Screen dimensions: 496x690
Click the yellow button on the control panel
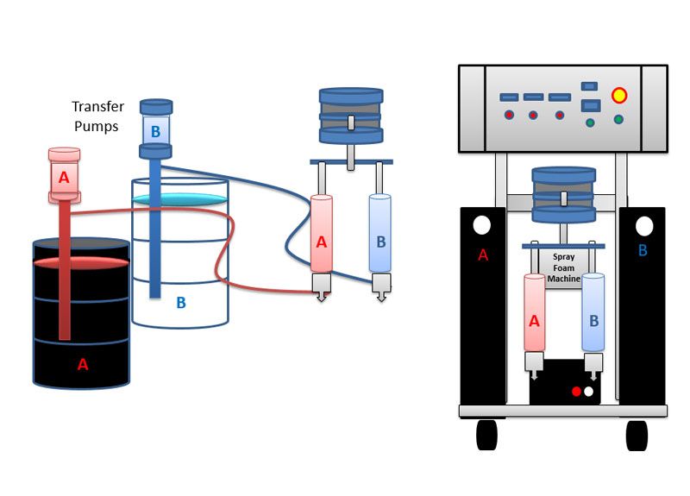pyautogui.click(x=618, y=95)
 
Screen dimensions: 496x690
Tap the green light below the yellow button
pyautogui.click(x=618, y=119)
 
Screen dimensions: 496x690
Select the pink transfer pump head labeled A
pyautogui.click(x=63, y=176)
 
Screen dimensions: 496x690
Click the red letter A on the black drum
pyautogui.click(x=83, y=364)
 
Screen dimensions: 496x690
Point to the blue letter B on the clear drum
pyautogui.click(x=181, y=303)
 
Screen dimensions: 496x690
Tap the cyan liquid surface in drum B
pyautogui.click(x=180, y=200)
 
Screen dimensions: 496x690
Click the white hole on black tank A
pyautogui.click(x=482, y=225)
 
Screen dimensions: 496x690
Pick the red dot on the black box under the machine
pyautogui.click(x=576, y=392)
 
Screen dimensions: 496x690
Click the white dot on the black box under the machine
pyautogui.click(x=589, y=392)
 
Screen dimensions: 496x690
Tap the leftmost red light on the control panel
pyautogui.click(x=509, y=115)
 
